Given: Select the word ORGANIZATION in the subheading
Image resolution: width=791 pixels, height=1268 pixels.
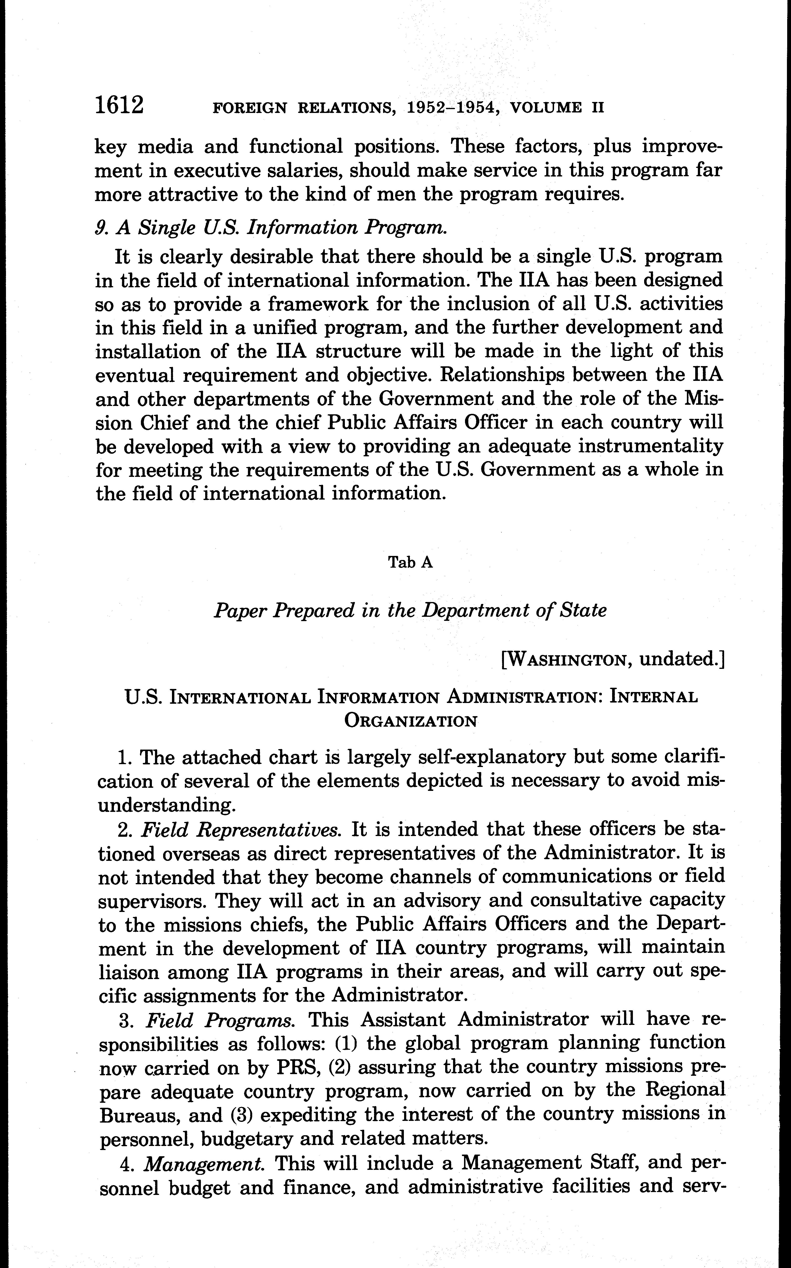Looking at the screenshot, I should pyautogui.click(x=411, y=721).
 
